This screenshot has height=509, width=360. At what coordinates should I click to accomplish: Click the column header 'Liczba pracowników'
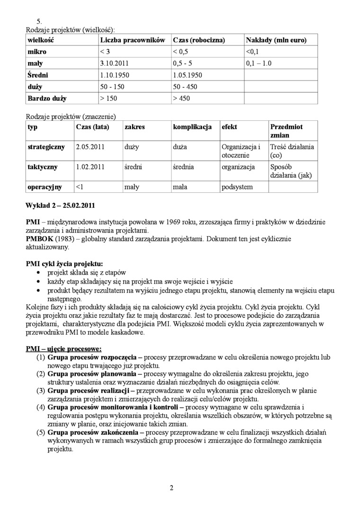[x=132, y=40]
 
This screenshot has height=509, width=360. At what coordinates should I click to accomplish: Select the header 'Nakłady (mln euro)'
[x=276, y=40]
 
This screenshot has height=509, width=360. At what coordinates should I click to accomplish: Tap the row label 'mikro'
[x=37, y=52]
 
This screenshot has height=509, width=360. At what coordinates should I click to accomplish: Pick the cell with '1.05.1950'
[x=188, y=75]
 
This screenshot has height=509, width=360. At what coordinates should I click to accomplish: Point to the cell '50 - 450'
[x=185, y=87]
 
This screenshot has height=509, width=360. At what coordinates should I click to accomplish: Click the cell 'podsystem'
[x=237, y=187]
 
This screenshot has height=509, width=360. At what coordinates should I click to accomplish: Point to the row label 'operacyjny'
[x=45, y=187]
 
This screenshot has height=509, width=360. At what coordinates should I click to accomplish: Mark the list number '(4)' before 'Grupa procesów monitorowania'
[x=41, y=407]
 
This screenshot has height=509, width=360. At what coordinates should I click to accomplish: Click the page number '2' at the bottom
[x=171, y=488]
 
